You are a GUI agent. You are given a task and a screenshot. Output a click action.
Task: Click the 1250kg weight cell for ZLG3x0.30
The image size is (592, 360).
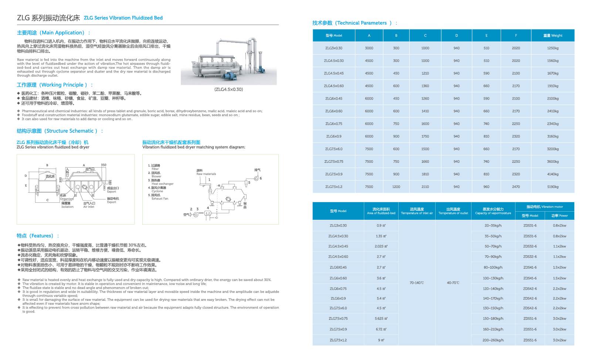(553, 48)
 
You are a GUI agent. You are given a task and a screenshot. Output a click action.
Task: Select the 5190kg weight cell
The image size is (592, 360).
(553, 187)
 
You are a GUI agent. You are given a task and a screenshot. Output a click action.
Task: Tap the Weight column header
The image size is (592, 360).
(553, 36)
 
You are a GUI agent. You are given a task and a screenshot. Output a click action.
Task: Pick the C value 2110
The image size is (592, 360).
(425, 187)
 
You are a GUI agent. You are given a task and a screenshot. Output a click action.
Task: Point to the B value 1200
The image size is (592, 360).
(396, 187)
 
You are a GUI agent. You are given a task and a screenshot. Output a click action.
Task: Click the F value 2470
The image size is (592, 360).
(516, 187)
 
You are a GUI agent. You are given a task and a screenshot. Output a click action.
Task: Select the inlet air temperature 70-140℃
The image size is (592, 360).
(417, 283)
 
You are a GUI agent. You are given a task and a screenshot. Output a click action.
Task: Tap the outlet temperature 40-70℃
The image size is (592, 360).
(453, 283)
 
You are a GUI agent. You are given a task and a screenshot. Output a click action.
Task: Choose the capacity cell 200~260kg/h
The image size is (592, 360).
(493, 340)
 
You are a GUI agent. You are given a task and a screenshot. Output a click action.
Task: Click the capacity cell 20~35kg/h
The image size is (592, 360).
(493, 226)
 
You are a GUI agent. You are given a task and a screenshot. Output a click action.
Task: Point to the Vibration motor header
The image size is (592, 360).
(544, 207)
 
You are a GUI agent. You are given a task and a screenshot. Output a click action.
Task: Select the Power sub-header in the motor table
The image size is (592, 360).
(559, 216)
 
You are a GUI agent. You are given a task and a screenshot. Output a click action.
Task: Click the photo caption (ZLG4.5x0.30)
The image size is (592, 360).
(229, 90)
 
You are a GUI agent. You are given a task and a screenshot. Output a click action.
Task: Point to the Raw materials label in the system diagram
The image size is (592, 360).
(206, 174)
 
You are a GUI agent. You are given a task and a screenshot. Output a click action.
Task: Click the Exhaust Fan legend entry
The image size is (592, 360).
(160, 199)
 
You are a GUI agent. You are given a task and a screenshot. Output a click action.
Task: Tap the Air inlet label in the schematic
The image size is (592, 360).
(89, 207)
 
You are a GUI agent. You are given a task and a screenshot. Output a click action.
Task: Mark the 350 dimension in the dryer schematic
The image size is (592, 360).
(104, 165)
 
